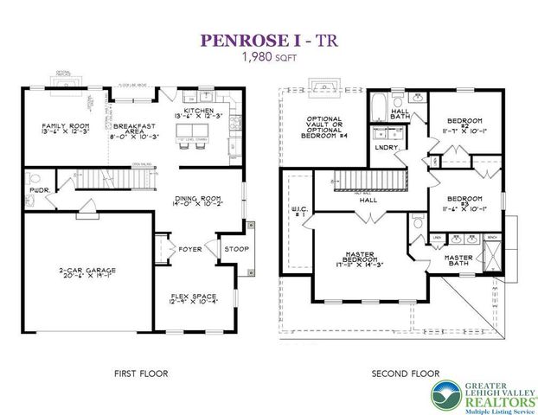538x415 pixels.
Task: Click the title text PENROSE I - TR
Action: [x=268, y=40]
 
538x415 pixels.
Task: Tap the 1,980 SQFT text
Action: [x=268, y=57]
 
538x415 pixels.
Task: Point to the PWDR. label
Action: [x=37, y=188]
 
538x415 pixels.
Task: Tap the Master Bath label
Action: [x=458, y=260]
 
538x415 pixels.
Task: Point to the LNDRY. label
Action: [x=386, y=148]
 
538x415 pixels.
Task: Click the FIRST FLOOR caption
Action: [x=140, y=374]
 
